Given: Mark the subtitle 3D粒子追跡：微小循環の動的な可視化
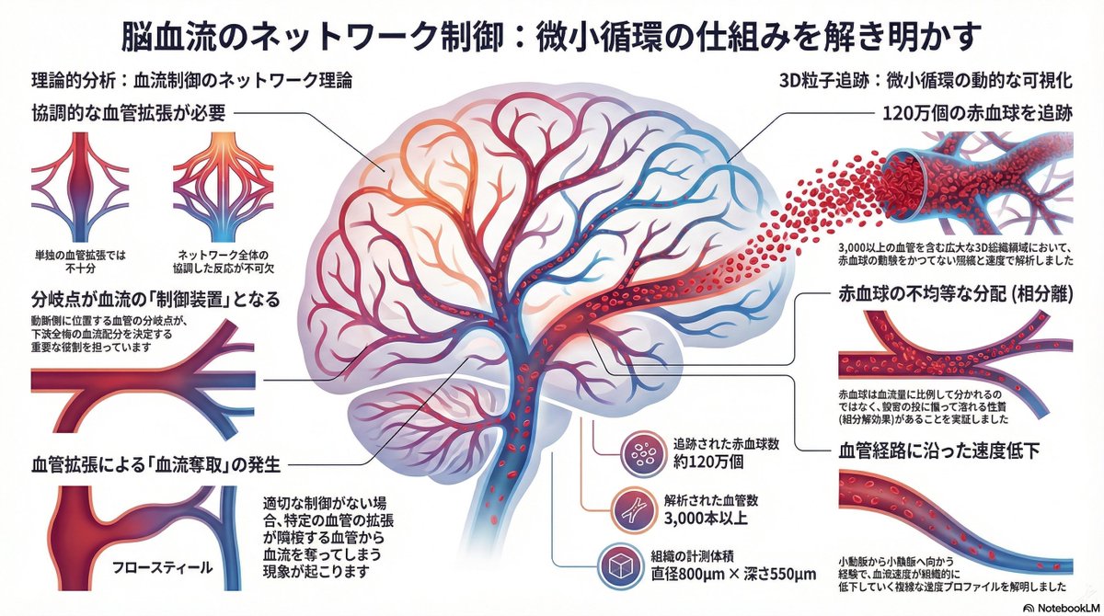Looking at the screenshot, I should (x=938, y=80).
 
